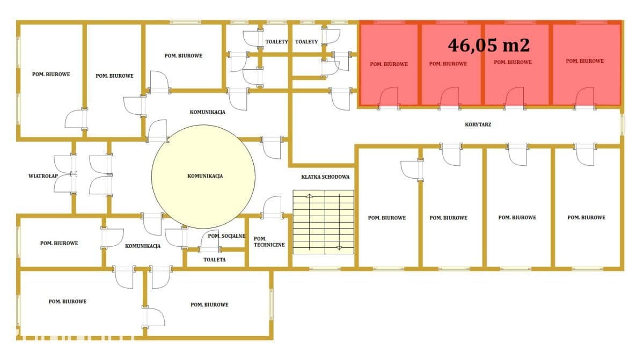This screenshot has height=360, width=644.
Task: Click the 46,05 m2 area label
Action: (x=488, y=46)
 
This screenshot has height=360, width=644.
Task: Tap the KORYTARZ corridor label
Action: (x=478, y=124)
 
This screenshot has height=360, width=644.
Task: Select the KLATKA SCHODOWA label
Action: (x=325, y=177)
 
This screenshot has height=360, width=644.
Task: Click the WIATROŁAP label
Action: (x=43, y=176)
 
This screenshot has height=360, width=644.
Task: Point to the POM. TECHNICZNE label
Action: (x=269, y=242)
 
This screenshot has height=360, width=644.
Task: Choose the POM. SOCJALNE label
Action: (x=226, y=236)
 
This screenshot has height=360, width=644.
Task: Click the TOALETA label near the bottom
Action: (x=215, y=260)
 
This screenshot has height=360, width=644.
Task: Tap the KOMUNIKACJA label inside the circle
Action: (x=205, y=176)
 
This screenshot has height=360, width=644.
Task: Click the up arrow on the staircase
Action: (x=309, y=196)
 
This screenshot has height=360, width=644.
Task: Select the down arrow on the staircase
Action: (x=339, y=248)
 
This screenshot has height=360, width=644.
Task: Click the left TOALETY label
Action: (x=276, y=42)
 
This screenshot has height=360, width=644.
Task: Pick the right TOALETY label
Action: (x=306, y=42)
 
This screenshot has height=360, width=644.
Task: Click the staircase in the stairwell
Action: (x=324, y=222)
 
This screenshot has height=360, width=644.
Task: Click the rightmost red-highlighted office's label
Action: (x=585, y=61)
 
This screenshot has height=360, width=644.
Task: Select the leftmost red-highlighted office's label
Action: (x=389, y=64)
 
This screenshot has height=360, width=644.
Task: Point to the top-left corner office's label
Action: (x=51, y=74)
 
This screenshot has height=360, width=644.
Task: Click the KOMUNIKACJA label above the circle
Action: (x=207, y=112)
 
